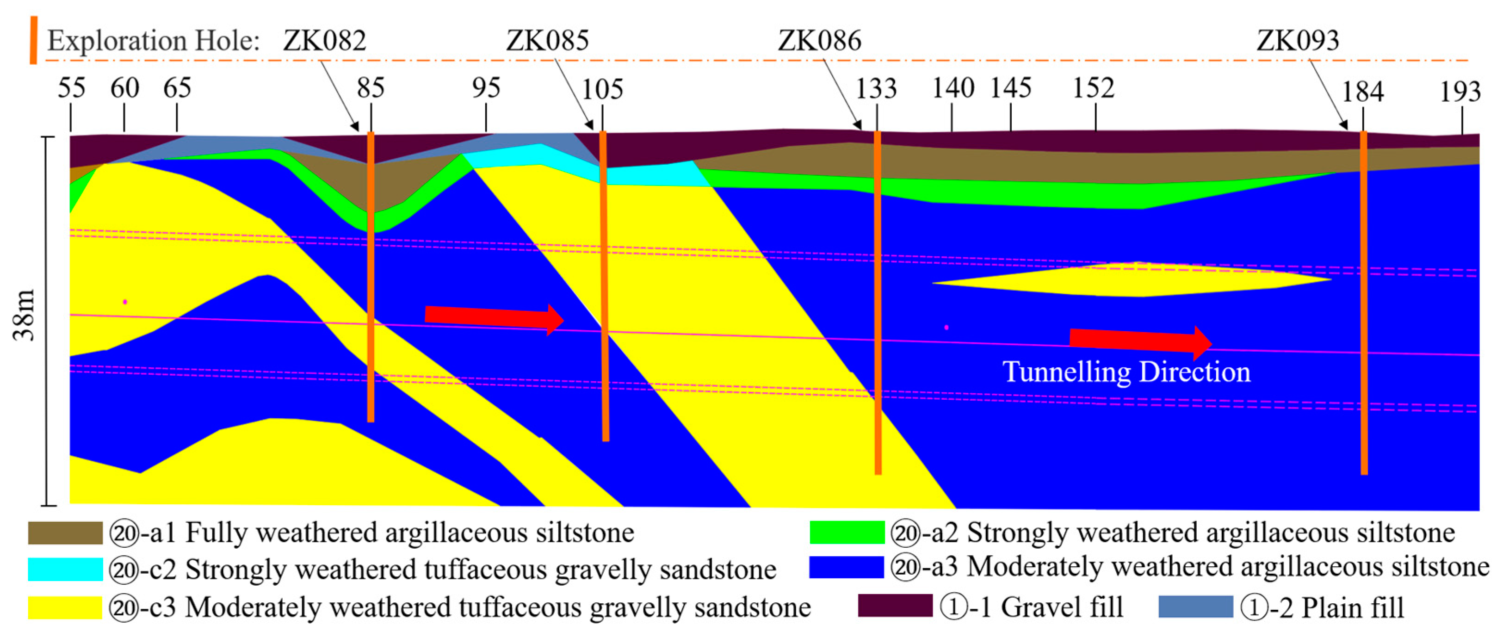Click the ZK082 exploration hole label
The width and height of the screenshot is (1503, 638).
pos(324,41)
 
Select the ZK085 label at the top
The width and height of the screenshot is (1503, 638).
pos(547,41)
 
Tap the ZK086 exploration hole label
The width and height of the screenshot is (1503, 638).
pos(819,41)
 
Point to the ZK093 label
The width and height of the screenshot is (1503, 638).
pos(1298,41)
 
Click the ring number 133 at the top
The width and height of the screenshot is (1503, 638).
pos(876,89)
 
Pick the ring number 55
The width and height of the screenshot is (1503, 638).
pos(71,89)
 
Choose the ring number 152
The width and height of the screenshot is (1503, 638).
pos(1094,89)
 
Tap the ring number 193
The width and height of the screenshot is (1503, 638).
pos(1460,92)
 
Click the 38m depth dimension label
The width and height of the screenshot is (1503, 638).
pos(25,315)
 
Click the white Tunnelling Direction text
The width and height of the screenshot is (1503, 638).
pos(1126,372)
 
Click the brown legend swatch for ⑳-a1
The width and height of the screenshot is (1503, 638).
pos(65,533)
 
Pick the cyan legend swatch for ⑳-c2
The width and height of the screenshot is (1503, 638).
pos(65,569)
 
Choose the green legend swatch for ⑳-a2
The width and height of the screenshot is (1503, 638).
pos(847,533)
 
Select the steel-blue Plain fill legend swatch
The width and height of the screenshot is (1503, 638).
pos(1195,607)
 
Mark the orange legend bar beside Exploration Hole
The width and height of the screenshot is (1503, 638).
pos(34,40)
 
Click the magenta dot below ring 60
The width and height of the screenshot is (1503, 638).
pos(125,302)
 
